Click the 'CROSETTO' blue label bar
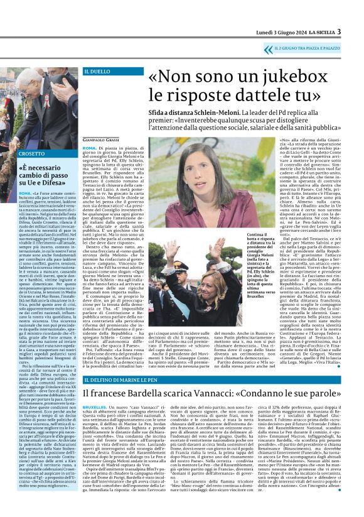point(33,153)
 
